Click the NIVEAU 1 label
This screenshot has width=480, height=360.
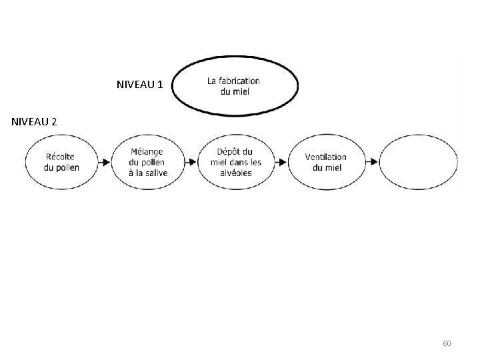[x=139, y=85]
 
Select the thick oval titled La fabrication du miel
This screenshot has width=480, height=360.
[x=235, y=85]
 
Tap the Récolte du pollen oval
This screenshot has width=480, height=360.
[x=61, y=162]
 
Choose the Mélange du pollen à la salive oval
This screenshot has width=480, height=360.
[x=148, y=162]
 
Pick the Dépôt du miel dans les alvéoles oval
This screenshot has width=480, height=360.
[x=236, y=162]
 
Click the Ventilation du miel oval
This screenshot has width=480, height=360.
[x=326, y=162]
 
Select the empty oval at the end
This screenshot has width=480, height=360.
[x=418, y=162]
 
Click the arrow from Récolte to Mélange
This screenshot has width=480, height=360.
[x=103, y=162]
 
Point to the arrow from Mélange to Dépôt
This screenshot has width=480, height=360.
[x=191, y=162]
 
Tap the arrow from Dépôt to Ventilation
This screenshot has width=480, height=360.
[x=281, y=162]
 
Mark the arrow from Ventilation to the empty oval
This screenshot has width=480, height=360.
[x=372, y=162]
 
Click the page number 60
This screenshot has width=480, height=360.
[x=447, y=343]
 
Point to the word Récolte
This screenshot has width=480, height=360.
[x=61, y=157]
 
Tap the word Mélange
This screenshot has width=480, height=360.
[x=147, y=152]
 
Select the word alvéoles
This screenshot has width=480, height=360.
[x=235, y=172]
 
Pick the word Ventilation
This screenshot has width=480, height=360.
[x=326, y=157]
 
